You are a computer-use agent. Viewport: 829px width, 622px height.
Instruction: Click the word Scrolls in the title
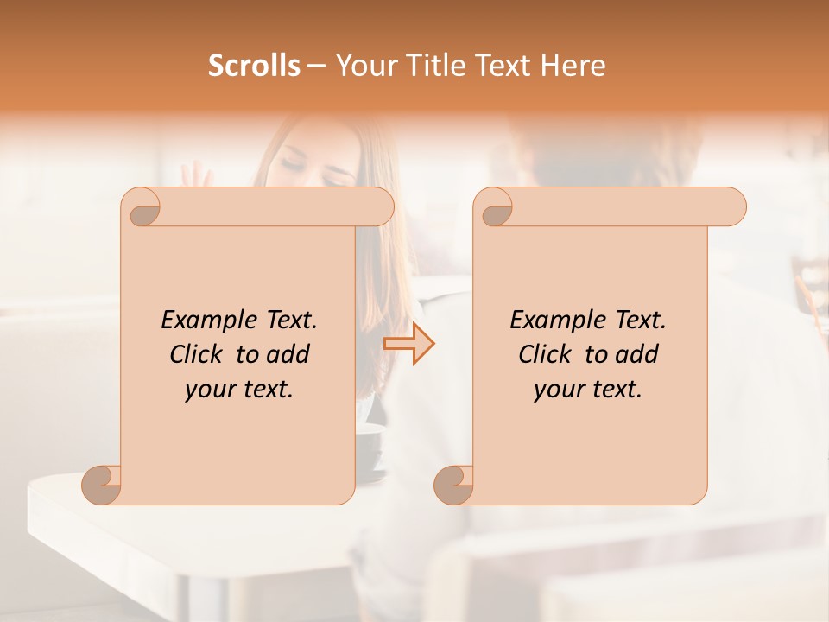(x=254, y=66)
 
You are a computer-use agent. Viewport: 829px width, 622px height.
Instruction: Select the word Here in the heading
(x=574, y=66)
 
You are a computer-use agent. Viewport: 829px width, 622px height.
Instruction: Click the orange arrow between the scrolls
(x=409, y=344)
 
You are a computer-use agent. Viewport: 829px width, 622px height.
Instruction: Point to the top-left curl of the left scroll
(x=143, y=209)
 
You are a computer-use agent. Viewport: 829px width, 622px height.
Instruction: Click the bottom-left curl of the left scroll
(x=102, y=485)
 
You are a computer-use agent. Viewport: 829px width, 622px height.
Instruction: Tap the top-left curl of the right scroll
(x=496, y=209)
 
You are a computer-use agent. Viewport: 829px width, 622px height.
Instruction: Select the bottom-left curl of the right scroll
(x=453, y=485)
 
